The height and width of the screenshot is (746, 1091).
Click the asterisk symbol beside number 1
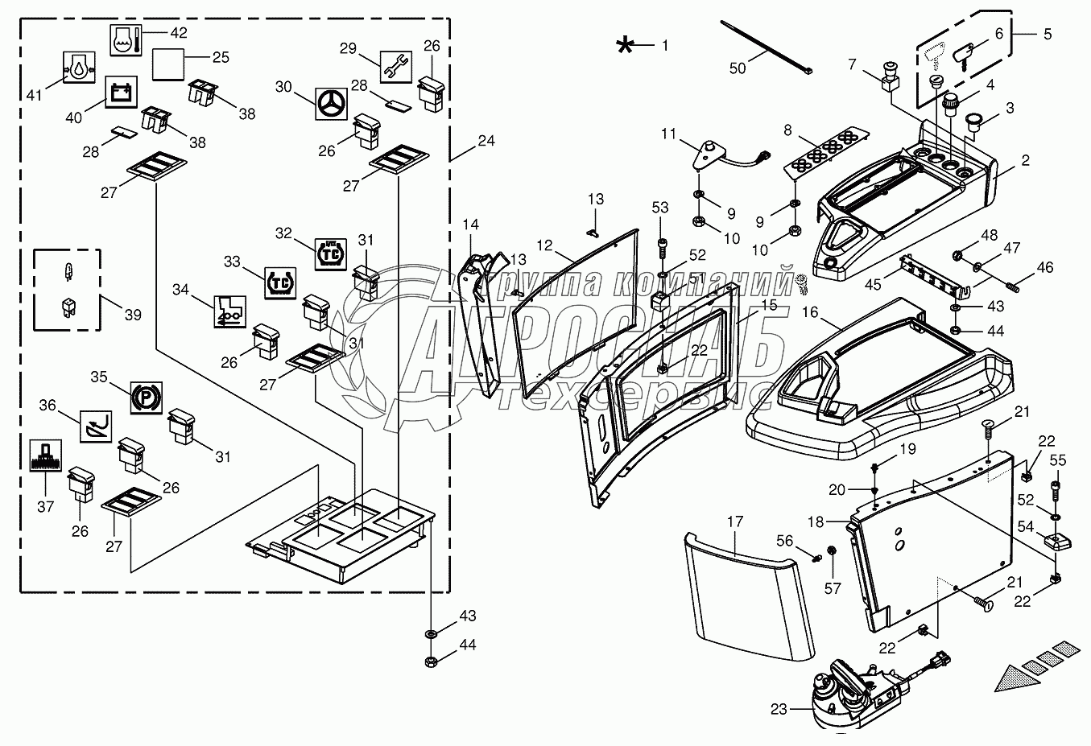point(625,45)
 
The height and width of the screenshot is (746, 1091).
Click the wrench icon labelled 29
point(396,64)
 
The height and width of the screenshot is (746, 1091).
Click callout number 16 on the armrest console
point(809,312)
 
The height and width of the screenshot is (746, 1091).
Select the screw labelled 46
point(1011,284)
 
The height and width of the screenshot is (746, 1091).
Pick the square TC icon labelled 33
point(278,283)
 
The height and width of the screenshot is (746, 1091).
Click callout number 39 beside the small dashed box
point(133,315)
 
